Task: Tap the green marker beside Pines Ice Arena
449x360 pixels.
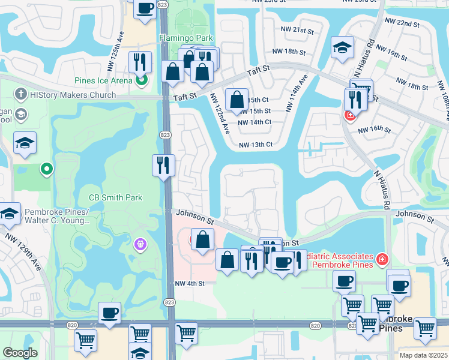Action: (x=142, y=80)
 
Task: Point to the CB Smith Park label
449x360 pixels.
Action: (x=115, y=197)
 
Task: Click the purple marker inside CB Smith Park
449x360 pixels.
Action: (x=140, y=244)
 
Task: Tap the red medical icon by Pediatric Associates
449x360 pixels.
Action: (x=382, y=260)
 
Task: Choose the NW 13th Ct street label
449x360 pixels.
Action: (x=256, y=145)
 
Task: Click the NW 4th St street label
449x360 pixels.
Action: (x=190, y=283)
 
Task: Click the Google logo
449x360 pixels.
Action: (x=20, y=352)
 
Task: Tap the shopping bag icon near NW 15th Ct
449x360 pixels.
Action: (x=237, y=98)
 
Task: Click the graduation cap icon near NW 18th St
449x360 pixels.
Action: (x=343, y=48)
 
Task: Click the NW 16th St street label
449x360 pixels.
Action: (x=375, y=130)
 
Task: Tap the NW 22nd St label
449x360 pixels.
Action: (x=415, y=23)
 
